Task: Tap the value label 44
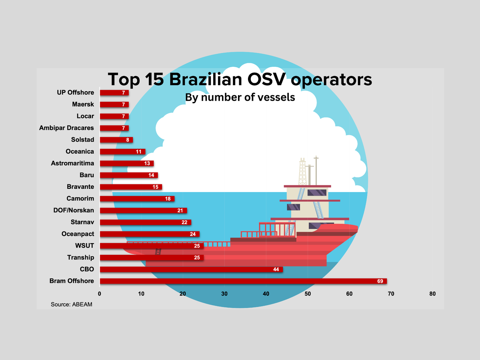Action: tap(276, 270)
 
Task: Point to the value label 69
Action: tap(380, 281)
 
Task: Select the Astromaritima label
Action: tap(72, 163)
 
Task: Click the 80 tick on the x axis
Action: tap(432, 294)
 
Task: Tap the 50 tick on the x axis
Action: tap(308, 294)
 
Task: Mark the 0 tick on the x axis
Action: tap(100, 294)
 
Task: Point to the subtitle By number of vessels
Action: tap(240, 97)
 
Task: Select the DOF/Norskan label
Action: tap(74, 210)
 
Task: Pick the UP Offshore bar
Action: tap(114, 93)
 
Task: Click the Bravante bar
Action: tap(130, 187)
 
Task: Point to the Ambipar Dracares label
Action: tap(66, 128)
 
